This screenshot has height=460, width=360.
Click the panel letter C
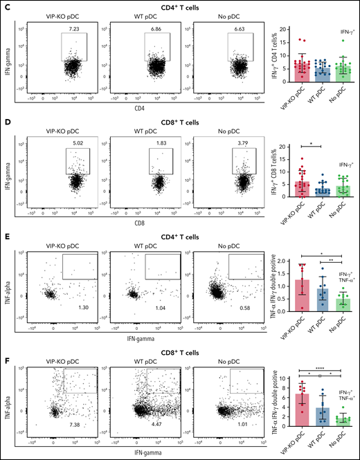[x=5, y=5]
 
